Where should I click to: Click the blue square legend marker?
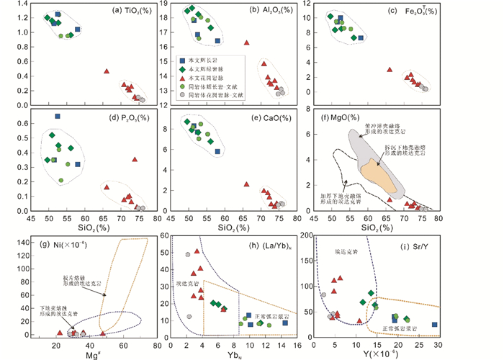(184, 60)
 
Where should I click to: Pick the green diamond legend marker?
(184, 68)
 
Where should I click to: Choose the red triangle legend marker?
(184, 77)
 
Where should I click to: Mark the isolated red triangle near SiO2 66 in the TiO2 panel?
(107, 71)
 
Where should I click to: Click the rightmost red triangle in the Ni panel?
(103, 333)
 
